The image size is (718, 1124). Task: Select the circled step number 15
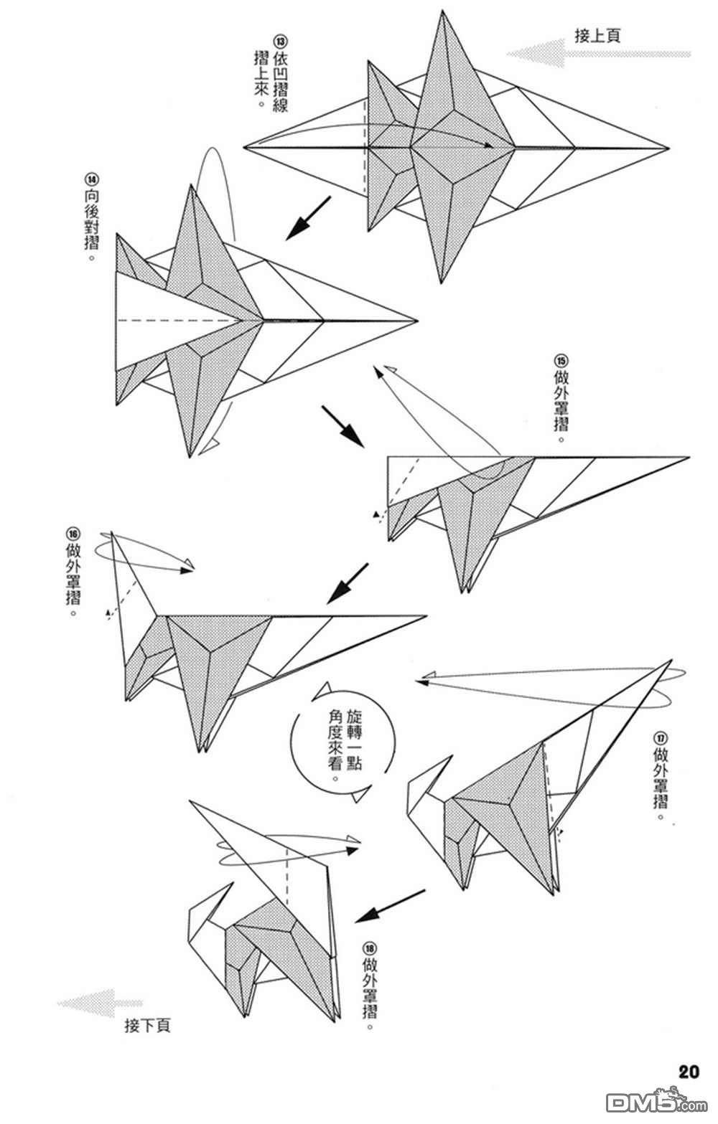point(561,361)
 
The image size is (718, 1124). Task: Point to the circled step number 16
point(73,533)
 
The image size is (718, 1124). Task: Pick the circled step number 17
point(660,738)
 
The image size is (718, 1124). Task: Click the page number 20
point(689,1069)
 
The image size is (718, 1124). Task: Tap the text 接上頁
point(597,36)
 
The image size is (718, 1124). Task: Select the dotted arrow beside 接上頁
point(598,53)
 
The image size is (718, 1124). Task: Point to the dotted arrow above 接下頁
point(101,1003)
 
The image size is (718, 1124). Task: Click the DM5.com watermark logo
point(657,1102)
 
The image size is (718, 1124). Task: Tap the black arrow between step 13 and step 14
point(308,218)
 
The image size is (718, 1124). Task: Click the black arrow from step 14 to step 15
point(342,426)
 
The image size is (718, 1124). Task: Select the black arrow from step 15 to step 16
point(348,584)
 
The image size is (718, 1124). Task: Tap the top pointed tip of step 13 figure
point(443,11)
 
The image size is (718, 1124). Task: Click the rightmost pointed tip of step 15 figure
point(689,457)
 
